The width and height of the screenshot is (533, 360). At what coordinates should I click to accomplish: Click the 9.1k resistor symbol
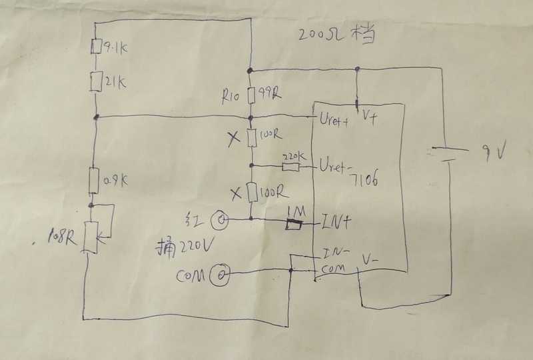tap(97, 47)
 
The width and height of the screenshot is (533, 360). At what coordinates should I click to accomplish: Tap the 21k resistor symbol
tap(97, 81)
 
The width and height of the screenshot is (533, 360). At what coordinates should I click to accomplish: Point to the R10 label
tap(231, 96)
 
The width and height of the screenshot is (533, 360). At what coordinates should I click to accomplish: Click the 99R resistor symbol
tap(251, 95)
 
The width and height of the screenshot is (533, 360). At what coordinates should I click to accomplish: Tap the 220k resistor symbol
tap(290, 165)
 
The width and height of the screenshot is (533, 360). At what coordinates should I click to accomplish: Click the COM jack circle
tap(219, 273)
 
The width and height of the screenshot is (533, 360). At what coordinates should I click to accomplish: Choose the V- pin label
tap(372, 257)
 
